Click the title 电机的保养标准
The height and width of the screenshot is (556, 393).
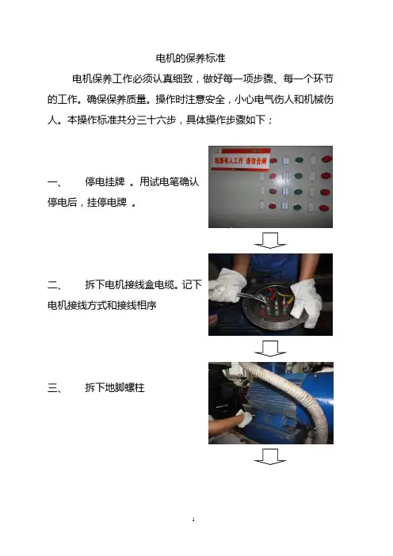190,58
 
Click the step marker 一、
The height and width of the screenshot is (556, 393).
55,182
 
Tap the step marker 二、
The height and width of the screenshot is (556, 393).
55,285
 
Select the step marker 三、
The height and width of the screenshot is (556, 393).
55,388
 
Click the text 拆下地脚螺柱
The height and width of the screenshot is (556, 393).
115,387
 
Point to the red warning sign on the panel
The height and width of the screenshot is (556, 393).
241,159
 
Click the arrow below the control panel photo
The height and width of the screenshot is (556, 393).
270,241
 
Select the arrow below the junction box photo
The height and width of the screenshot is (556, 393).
270,348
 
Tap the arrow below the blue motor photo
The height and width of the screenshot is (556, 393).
270,457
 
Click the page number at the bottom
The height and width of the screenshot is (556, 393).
193,520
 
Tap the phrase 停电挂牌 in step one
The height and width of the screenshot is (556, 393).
105,182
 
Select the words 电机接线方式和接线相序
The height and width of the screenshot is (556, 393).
101,305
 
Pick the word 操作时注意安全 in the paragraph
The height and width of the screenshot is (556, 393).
190,99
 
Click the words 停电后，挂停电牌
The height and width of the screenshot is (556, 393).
87,203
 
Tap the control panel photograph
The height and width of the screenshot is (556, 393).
270,187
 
